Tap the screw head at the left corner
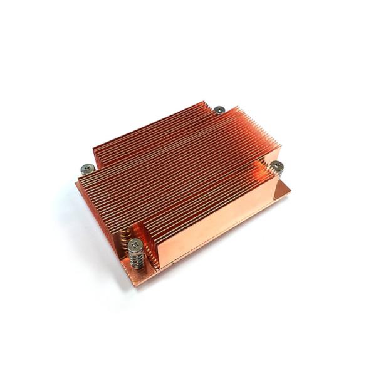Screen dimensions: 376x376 click(88, 167)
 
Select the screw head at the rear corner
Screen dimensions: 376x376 click(219, 110)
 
